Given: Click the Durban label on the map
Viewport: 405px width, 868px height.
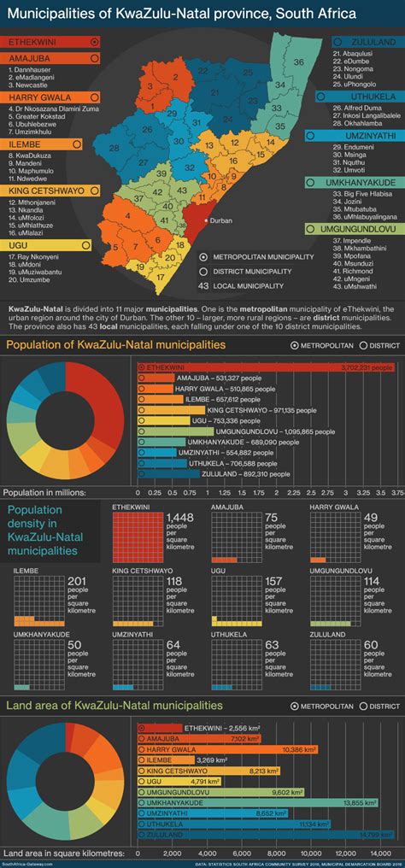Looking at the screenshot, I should click(220, 220).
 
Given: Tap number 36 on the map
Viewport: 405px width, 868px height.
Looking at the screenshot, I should click(298, 62).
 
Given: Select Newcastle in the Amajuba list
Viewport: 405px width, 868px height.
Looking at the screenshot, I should click(31, 85).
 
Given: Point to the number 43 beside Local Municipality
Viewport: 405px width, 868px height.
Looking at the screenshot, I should click(203, 285).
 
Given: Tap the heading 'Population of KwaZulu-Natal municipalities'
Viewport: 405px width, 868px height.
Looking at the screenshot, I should click(115, 344).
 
